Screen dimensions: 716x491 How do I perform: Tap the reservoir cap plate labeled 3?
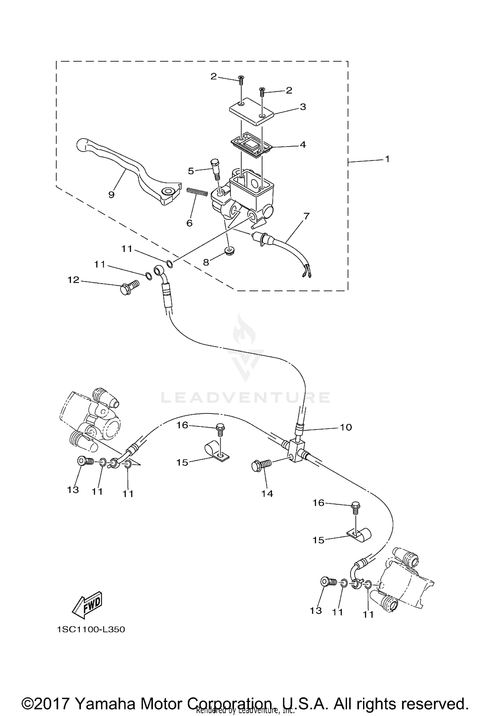pyautogui.click(x=251, y=111)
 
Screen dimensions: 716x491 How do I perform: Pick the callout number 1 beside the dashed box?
pyautogui.click(x=387, y=159)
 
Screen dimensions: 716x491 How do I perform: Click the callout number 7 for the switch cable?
pyautogui.click(x=306, y=216)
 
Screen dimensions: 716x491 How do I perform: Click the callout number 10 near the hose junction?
pyautogui.click(x=346, y=427)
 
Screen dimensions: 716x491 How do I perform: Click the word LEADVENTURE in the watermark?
pyautogui.click(x=245, y=397)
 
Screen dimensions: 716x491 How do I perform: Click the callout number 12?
pyautogui.click(x=74, y=280)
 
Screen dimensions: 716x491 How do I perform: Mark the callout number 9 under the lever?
pyautogui.click(x=111, y=195)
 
